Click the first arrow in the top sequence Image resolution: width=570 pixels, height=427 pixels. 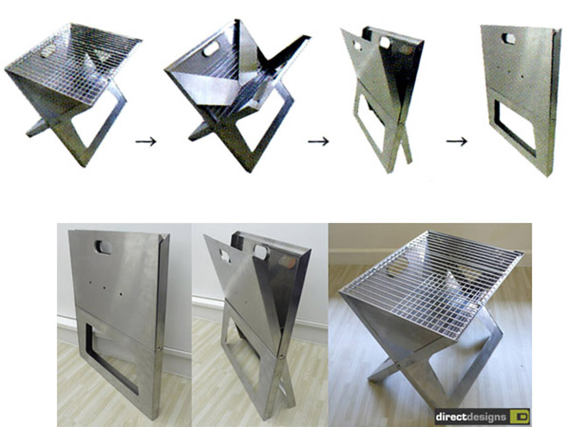click(146, 142)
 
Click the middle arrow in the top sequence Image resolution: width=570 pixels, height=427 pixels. click(318, 142)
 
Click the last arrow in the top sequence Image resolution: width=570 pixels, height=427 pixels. click(456, 142)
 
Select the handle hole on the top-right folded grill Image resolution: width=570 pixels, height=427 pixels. click(508, 39)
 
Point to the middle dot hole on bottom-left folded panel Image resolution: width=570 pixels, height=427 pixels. click(104, 288)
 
